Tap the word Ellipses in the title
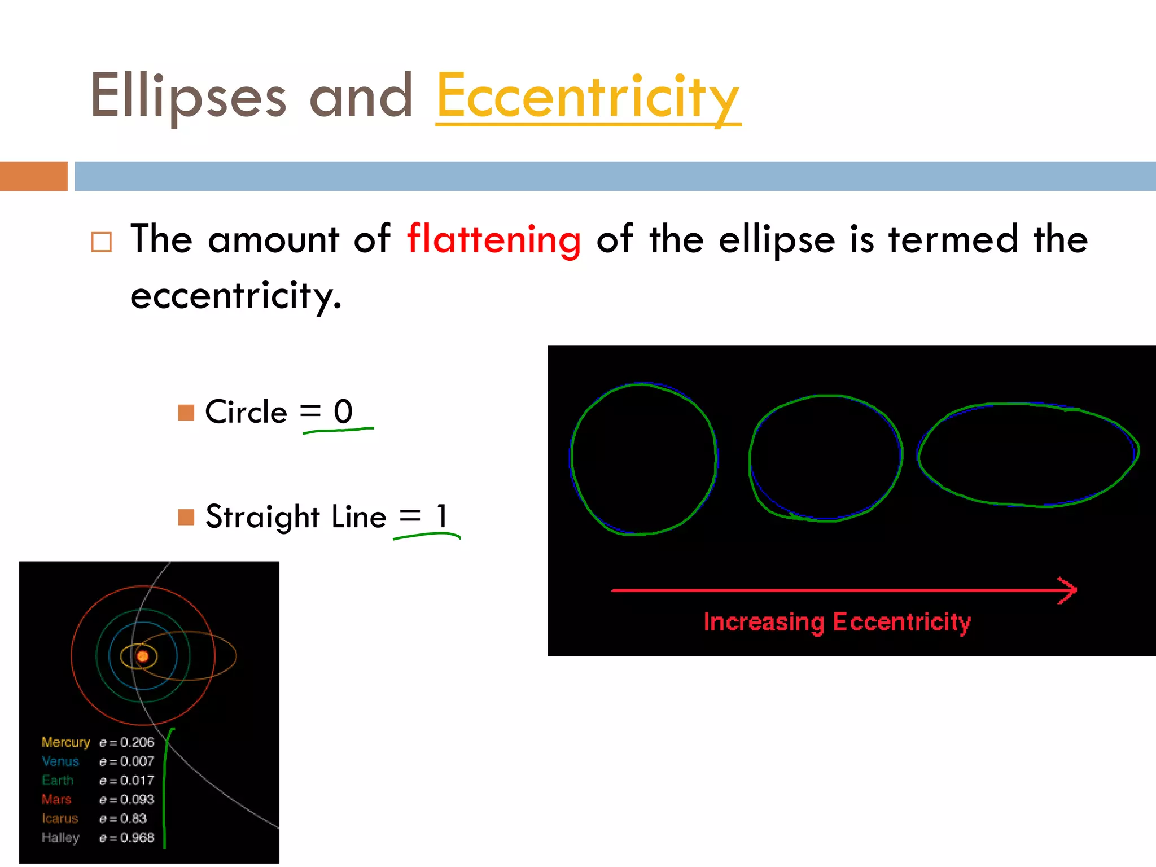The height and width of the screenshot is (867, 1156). (188, 97)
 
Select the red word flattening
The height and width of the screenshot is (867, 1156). (493, 239)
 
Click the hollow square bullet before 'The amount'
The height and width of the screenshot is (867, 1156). (102, 242)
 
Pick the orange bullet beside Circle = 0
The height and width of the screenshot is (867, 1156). (186, 413)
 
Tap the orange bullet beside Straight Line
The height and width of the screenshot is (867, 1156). (186, 517)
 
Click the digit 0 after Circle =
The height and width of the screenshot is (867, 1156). (343, 411)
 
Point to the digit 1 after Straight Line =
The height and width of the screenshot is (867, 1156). (441, 516)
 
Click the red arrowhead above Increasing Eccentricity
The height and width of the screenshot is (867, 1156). (1068, 590)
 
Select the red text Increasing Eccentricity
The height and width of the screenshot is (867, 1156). (837, 622)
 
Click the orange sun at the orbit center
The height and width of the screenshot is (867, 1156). (143, 656)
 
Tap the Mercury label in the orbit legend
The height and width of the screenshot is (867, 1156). (65, 742)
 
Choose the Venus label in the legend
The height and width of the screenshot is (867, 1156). (60, 761)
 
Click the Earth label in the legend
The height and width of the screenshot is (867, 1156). (58, 781)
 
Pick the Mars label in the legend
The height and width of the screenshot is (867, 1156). (56, 799)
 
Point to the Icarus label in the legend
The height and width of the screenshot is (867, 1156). (60, 818)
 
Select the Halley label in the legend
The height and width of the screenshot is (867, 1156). (60, 838)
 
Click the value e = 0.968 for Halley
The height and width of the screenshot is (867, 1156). (126, 838)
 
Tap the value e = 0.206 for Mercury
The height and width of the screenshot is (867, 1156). (126, 742)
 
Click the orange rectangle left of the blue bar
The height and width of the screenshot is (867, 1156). (34, 176)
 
